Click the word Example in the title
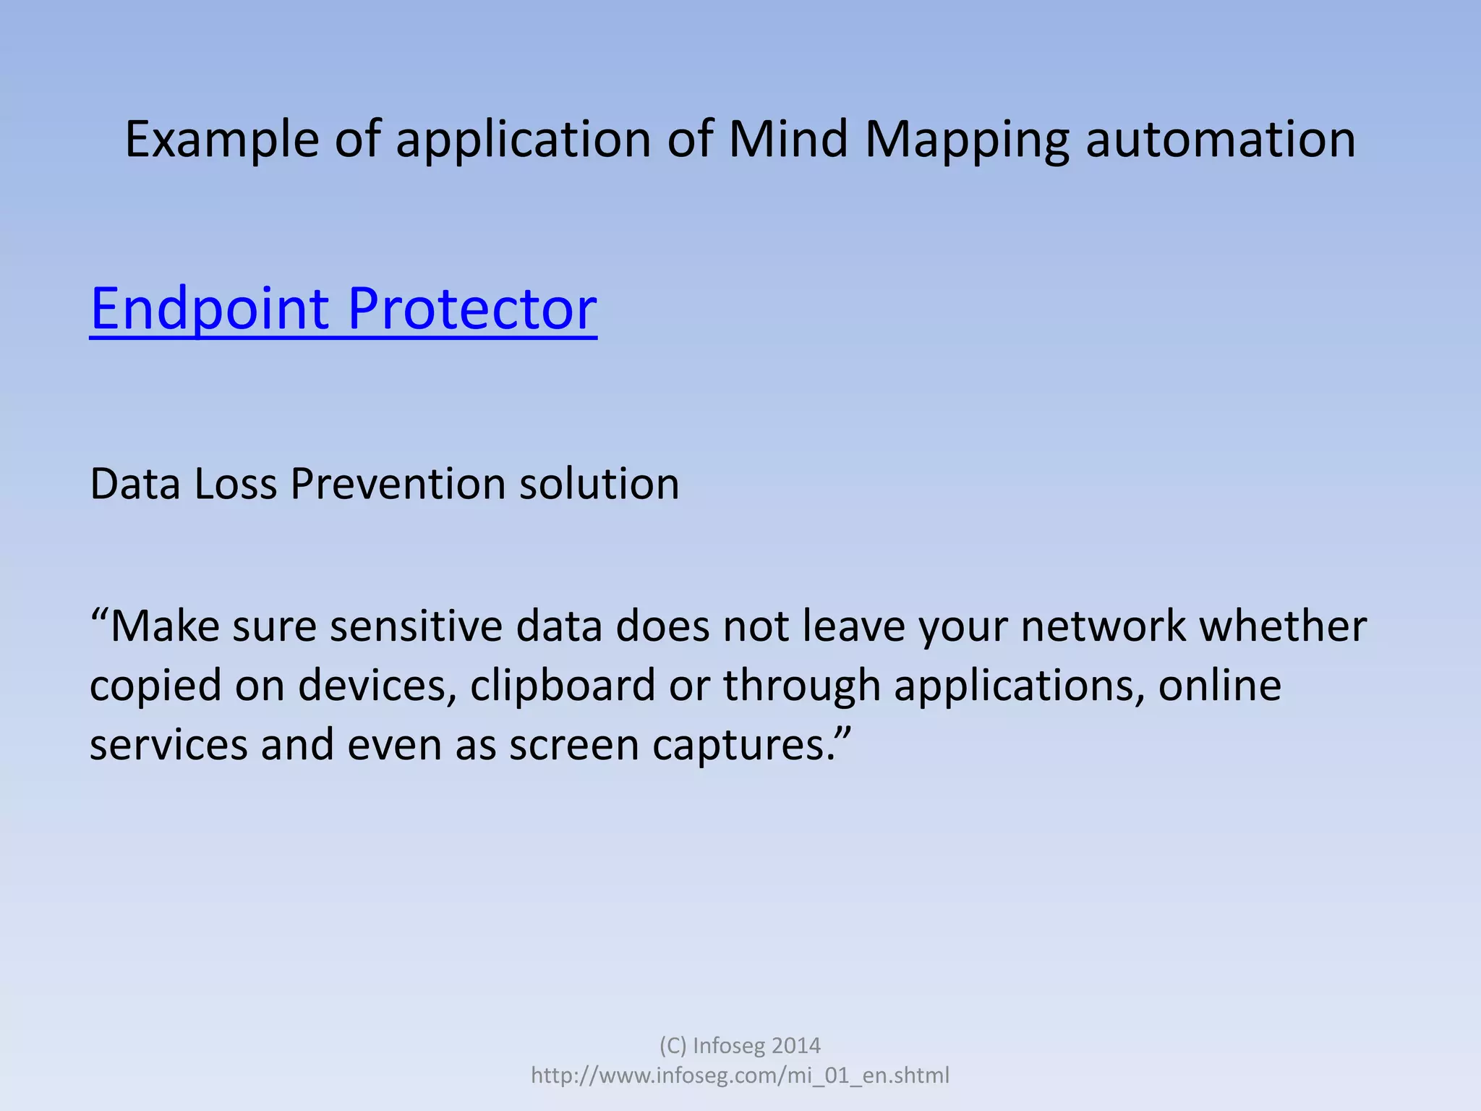[x=221, y=139]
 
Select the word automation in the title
[x=1220, y=139]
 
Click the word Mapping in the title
[x=967, y=139]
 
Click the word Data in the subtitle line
[x=135, y=483]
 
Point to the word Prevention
[x=398, y=483]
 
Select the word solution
[x=599, y=483]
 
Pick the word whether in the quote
[x=1282, y=626]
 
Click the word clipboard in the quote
[x=562, y=685]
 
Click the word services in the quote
[x=168, y=744]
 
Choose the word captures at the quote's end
[x=743, y=744]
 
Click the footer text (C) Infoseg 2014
[x=740, y=1045]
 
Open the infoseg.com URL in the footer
[x=740, y=1076]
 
